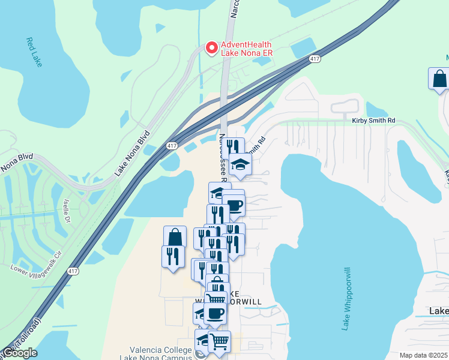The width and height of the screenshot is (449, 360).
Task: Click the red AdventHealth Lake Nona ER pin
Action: click(211, 48)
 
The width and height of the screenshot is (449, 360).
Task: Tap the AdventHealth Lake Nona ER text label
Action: click(246, 49)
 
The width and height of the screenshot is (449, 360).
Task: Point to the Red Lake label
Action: click(34, 52)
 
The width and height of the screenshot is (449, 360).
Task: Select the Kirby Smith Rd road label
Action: click(373, 121)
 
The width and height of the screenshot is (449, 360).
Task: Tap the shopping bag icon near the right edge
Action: click(439, 79)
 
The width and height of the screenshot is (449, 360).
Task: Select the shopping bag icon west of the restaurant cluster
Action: click(175, 236)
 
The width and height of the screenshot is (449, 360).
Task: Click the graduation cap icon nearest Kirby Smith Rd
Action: click(240, 164)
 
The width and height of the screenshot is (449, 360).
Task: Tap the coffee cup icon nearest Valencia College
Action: click(215, 313)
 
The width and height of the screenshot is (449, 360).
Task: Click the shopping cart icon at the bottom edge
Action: click(219, 341)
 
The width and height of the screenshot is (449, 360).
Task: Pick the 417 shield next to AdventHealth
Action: click(315, 59)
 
